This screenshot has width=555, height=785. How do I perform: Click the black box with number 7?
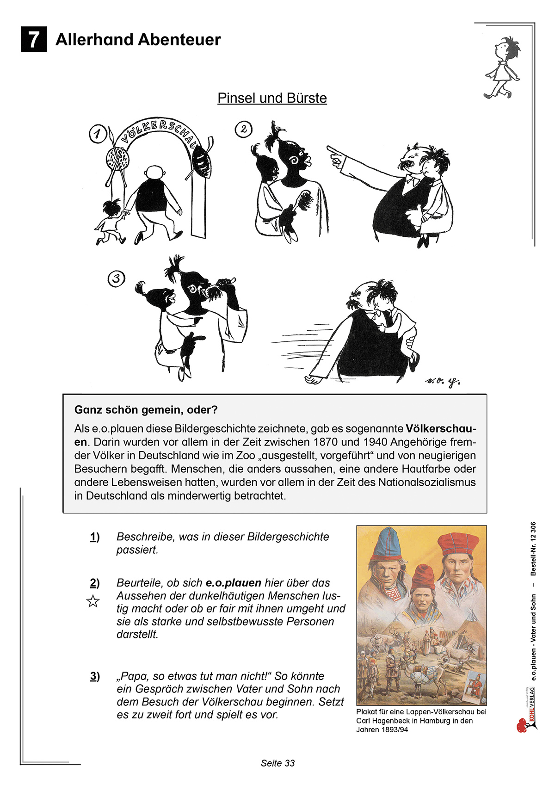pos(34,40)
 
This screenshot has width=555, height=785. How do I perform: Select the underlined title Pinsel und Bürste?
pos(272,98)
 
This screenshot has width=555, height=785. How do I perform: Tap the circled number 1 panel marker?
pos(97,134)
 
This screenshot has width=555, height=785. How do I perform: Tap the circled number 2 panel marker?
pos(244,129)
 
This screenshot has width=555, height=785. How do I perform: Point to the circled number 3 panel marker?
pos(116,278)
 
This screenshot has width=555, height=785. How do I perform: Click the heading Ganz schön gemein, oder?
pos(146,410)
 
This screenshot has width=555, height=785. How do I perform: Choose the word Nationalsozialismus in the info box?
pos(427,482)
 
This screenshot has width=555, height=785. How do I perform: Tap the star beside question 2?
pos(93,601)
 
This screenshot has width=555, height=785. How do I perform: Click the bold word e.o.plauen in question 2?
pos(234,583)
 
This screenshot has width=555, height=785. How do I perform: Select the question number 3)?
pos(95,676)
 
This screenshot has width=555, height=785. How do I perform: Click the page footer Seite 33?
pos(277,763)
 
